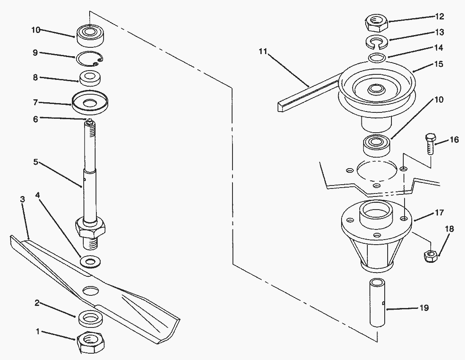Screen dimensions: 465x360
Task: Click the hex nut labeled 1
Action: tap(91, 342)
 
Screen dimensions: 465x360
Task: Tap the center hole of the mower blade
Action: tap(91, 291)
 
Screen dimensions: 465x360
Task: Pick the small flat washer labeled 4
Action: tap(90, 262)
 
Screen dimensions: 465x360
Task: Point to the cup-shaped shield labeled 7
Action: tap(90, 102)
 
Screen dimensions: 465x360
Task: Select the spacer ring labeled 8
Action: tap(90, 78)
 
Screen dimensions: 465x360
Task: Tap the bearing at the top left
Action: tap(90, 35)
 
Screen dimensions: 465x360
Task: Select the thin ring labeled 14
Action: tap(377, 58)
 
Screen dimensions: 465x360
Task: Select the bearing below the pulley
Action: tap(377, 145)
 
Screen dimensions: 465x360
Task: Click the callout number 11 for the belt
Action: tap(263, 51)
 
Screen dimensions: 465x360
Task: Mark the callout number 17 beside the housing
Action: tap(439, 212)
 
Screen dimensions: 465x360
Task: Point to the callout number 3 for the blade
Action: tap(22, 199)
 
